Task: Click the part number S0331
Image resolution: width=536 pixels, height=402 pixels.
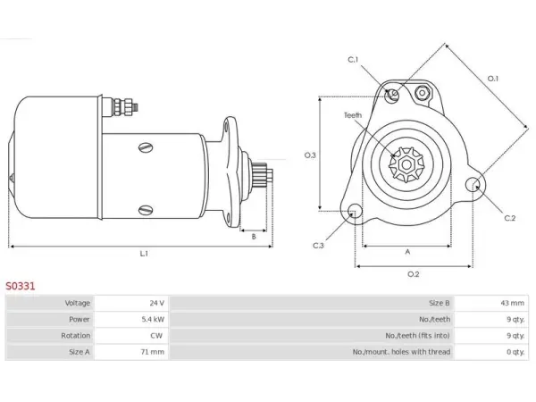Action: (x=21, y=286)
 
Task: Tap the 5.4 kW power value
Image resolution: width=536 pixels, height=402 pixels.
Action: (x=153, y=319)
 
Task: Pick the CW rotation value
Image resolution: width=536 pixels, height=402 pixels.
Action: (x=156, y=336)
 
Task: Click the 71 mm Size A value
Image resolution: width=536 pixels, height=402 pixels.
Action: (x=153, y=352)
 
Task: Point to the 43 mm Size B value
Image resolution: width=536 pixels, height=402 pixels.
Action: (x=512, y=303)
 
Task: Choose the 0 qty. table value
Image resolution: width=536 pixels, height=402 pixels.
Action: (x=515, y=352)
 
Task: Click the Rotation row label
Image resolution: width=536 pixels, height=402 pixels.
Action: (x=76, y=336)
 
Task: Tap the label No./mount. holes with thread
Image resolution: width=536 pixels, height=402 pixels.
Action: (x=401, y=352)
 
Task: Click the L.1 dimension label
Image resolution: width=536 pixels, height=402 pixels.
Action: (x=144, y=254)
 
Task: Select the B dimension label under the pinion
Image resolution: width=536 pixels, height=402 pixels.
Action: (x=254, y=237)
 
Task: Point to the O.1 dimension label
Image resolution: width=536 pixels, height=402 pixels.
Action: (x=492, y=79)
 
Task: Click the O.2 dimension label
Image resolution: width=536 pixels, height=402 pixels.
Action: (x=414, y=274)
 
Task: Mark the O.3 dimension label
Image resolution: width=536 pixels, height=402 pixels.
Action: (x=310, y=155)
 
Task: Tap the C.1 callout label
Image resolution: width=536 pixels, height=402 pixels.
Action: (x=353, y=60)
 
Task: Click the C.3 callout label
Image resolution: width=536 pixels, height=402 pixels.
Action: (x=318, y=246)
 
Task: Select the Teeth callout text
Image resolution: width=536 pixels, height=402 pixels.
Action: (x=353, y=115)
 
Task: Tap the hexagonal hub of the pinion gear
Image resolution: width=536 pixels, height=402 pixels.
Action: (x=406, y=164)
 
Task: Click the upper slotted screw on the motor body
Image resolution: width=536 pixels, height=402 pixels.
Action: (x=146, y=147)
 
